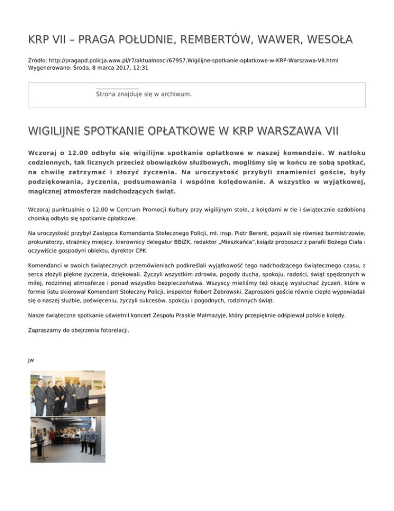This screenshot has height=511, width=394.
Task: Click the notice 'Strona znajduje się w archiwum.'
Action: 144,94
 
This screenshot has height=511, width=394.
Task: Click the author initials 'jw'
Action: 31,360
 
